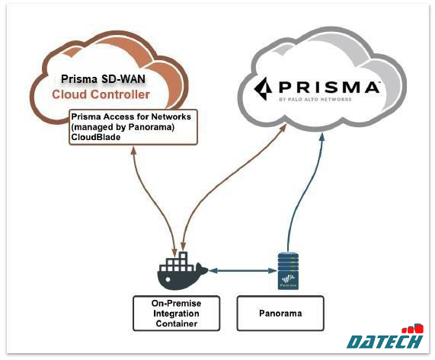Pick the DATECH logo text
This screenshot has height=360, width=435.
(384, 342)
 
